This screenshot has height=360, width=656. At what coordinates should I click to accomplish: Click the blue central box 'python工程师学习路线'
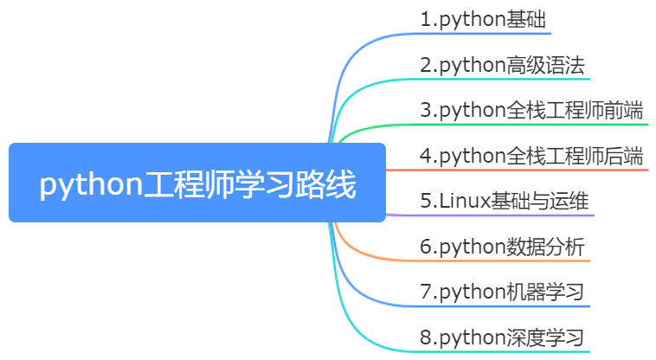[197, 183]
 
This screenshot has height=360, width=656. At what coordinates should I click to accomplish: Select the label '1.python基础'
[483, 19]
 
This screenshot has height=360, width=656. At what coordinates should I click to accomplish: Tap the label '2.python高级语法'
[502, 65]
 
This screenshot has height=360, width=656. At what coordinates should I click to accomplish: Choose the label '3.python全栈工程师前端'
[531, 110]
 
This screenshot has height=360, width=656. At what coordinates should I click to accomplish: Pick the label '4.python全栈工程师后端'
[531, 156]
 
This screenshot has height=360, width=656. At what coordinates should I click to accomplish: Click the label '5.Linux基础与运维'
[505, 201]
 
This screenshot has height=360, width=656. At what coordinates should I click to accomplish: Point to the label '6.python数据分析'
[502, 247]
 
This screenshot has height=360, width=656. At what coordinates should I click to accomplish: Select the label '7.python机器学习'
[502, 292]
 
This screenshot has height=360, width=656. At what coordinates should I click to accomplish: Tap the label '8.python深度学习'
[502, 337]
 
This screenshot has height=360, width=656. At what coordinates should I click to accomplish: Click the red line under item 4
[518, 170]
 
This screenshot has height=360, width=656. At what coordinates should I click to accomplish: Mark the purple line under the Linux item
[490, 215]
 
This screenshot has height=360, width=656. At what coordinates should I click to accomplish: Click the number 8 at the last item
[426, 337]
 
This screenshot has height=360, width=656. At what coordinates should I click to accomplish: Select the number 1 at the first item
[426, 19]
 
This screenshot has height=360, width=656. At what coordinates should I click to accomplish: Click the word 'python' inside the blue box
[91, 184]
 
